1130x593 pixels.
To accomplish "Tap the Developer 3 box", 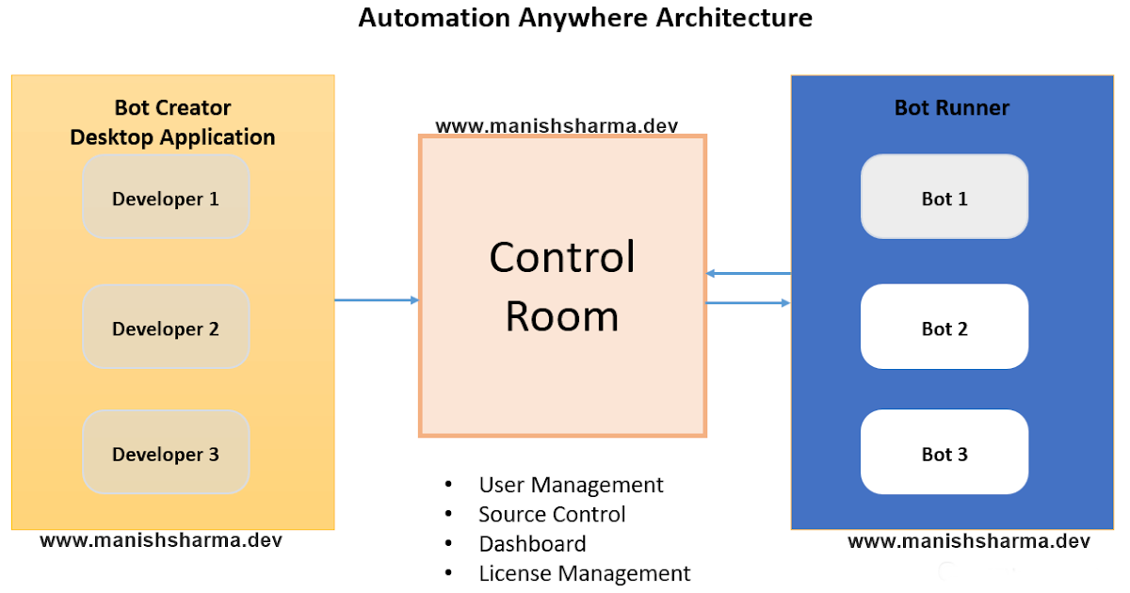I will [x=166, y=453].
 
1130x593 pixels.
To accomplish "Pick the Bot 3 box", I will [x=944, y=453].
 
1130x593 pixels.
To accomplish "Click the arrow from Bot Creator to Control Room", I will [x=377, y=300].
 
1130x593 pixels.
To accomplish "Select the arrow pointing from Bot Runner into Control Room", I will [x=748, y=273].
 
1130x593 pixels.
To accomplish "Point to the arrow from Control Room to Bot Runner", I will [x=748, y=303].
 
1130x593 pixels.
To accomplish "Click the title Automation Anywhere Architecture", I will [x=585, y=18].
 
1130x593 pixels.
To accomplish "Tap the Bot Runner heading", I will [x=951, y=108].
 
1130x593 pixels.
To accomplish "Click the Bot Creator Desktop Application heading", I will [x=172, y=122].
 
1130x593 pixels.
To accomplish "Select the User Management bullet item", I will [x=571, y=485].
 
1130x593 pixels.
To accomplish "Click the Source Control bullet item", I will [x=552, y=514].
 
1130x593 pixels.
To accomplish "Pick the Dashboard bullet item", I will [x=532, y=544].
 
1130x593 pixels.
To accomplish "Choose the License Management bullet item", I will [x=584, y=573].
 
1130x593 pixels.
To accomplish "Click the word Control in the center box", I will [x=562, y=257].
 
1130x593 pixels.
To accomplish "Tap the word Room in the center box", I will [x=562, y=316].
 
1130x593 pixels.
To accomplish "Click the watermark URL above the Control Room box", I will [x=557, y=125].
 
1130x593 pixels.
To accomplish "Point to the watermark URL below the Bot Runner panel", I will [x=969, y=541].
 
